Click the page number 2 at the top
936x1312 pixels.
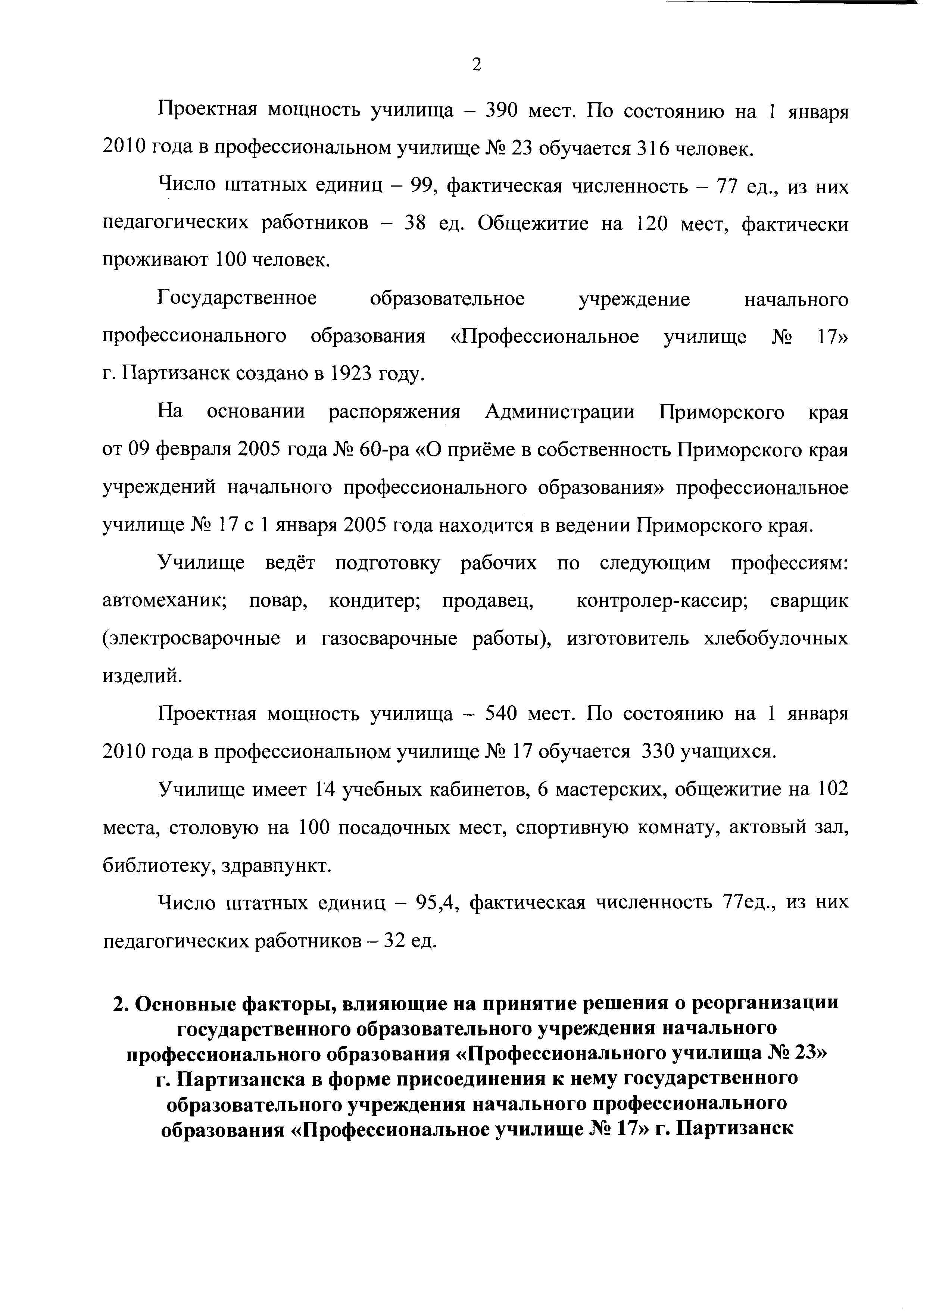(476, 65)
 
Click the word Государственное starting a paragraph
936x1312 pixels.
(237, 299)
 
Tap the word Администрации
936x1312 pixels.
(560, 413)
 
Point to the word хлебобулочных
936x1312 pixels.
(776, 639)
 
